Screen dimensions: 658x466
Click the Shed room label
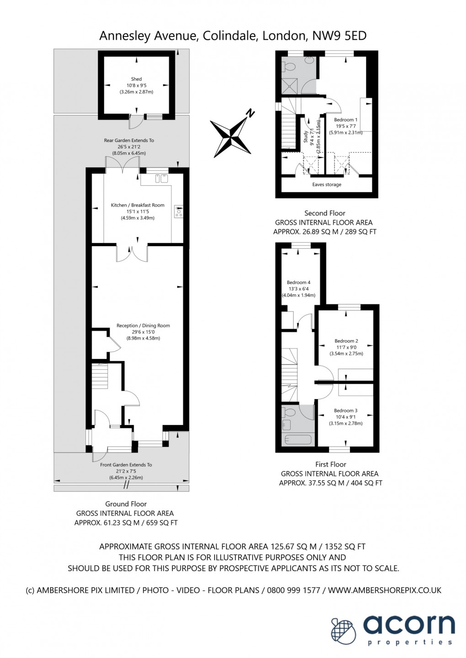(x=136, y=79)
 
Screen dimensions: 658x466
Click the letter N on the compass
(x=249, y=113)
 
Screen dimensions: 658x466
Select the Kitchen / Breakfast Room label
(x=138, y=205)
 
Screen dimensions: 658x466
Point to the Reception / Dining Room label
(x=143, y=326)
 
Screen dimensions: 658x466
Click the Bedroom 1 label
(x=345, y=120)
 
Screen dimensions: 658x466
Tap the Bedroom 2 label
(x=346, y=341)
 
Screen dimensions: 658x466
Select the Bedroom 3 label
(x=345, y=411)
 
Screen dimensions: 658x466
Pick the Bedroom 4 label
(x=298, y=283)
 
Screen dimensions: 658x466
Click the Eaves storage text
(x=327, y=184)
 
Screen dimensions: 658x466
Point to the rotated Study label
(x=306, y=137)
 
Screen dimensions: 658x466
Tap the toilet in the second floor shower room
(x=289, y=67)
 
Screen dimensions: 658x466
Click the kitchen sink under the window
(x=161, y=179)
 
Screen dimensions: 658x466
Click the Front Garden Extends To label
(x=126, y=465)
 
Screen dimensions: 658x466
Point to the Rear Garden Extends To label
(x=129, y=141)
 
